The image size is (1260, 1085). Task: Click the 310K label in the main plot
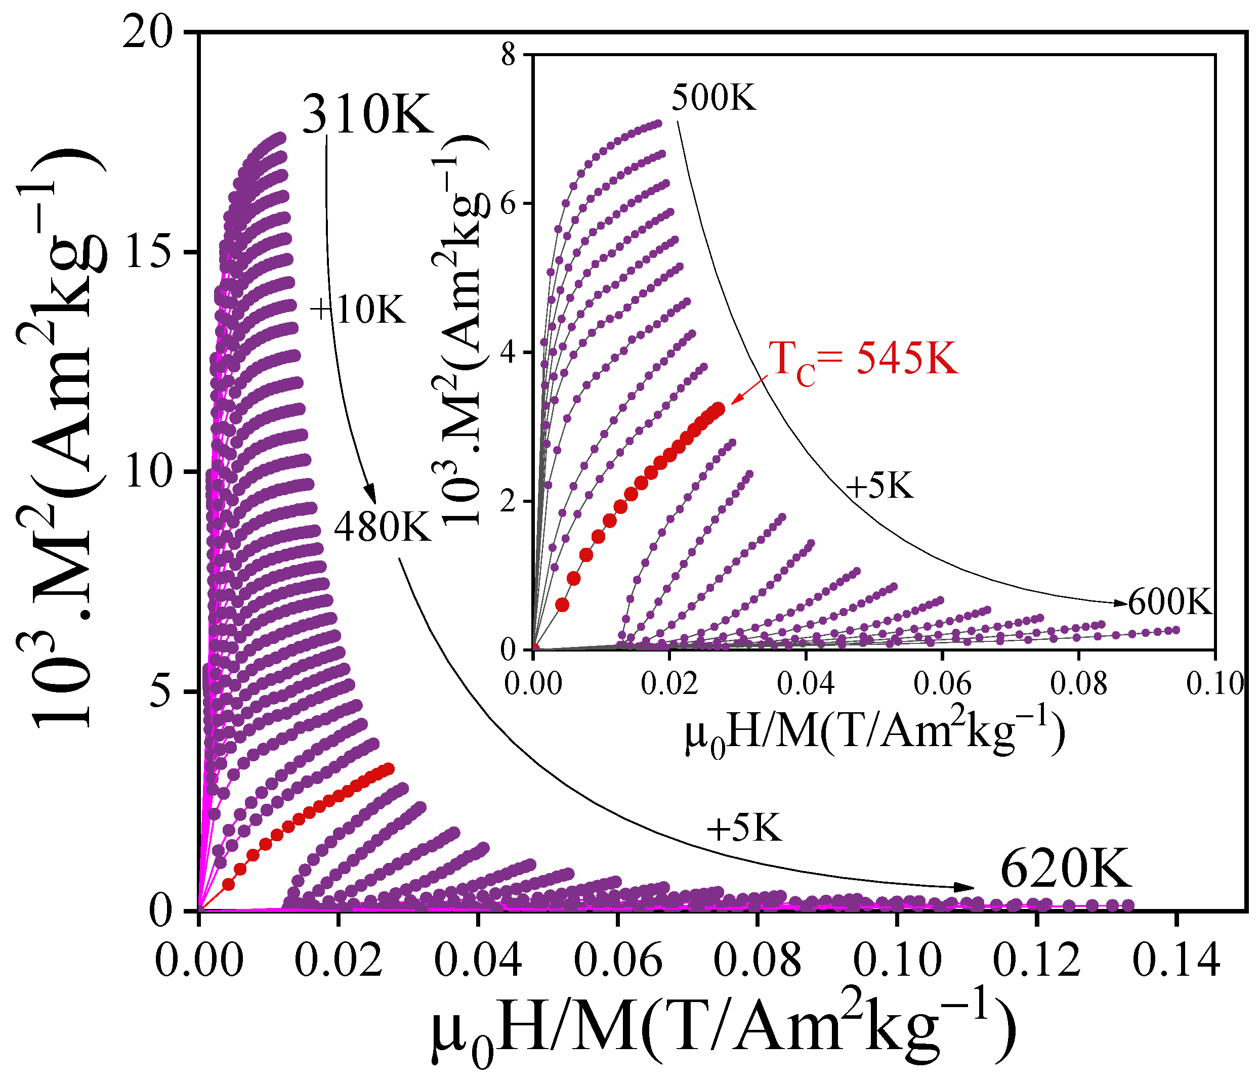pyautogui.click(x=368, y=115)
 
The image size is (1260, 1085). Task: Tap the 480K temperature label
pyautogui.click(x=383, y=527)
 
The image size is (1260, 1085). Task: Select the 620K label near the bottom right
pyautogui.click(x=1065, y=870)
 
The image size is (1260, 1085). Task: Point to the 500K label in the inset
pyautogui.click(x=714, y=97)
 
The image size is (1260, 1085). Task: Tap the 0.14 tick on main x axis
pyautogui.click(x=1176, y=961)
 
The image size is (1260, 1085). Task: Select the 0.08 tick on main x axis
pyautogui.click(x=757, y=961)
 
